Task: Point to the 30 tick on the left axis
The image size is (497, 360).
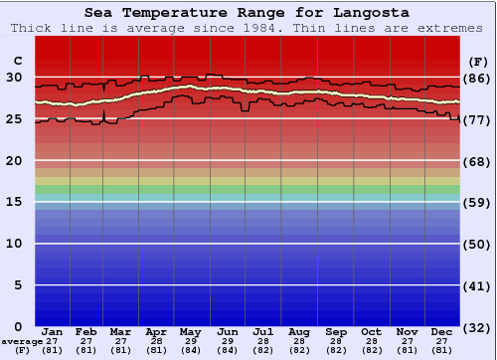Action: pos(14,78)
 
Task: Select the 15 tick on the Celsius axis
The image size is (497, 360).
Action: pos(14,202)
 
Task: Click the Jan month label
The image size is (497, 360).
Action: pos(53,331)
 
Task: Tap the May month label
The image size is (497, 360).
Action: pos(191,331)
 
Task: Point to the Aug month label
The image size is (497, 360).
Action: pos(299,331)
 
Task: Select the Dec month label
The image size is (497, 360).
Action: pos(442,331)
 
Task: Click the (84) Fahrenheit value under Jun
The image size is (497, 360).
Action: pos(228,350)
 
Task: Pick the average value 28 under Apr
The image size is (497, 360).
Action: pos(156,341)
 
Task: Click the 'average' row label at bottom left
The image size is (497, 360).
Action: pos(21,341)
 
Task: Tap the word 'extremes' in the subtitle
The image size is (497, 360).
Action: pos(454,28)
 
